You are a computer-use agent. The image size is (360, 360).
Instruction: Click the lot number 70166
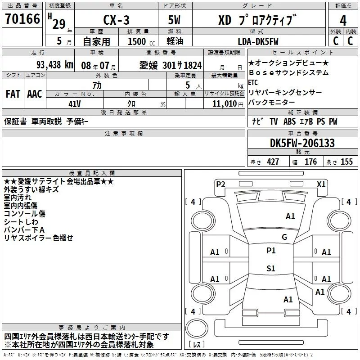(x=22, y=20)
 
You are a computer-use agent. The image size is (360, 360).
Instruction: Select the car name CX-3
(x=116, y=20)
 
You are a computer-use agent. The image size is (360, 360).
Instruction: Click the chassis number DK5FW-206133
(x=302, y=143)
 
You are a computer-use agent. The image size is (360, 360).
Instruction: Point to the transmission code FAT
(x=13, y=94)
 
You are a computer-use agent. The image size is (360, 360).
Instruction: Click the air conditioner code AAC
(x=34, y=94)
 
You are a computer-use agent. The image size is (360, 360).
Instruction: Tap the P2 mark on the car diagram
(x=220, y=184)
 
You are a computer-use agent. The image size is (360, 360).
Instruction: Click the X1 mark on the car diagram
(x=321, y=184)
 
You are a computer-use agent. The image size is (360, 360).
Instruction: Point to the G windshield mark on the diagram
(x=284, y=237)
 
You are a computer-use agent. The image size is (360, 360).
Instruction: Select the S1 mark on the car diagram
(x=270, y=269)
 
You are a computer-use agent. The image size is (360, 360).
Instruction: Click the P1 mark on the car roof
(x=270, y=251)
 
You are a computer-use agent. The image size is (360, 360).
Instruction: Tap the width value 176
(x=311, y=162)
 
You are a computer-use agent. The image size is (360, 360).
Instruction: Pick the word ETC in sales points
(x=253, y=82)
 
